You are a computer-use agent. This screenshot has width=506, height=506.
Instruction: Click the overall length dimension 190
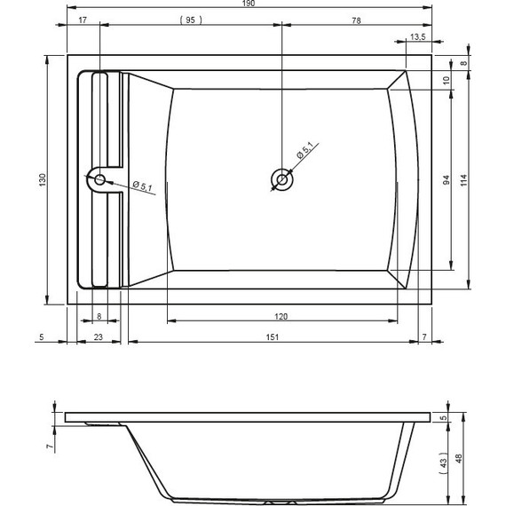(x=249, y=4)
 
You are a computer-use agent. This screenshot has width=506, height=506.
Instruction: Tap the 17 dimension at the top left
(x=83, y=20)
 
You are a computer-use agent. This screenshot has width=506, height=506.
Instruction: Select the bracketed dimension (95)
(x=191, y=20)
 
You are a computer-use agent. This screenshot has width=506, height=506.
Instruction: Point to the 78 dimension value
(x=356, y=20)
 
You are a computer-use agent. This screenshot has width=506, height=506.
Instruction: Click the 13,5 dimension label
(x=417, y=36)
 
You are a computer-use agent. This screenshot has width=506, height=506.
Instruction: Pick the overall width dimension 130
(x=43, y=179)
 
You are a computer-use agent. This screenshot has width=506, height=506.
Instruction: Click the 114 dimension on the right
(x=463, y=179)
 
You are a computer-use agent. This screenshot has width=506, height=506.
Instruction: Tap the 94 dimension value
(x=447, y=179)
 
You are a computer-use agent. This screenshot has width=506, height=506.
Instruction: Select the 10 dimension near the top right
(x=447, y=80)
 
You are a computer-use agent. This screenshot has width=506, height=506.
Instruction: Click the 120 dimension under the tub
(x=281, y=317)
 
